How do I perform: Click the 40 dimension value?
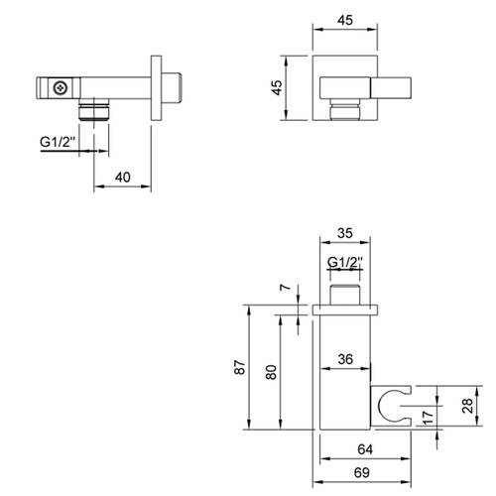pos(123,178)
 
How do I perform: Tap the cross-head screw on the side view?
pos(61,88)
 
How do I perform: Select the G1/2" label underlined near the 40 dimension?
pos(58,142)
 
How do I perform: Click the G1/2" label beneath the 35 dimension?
pos(345,263)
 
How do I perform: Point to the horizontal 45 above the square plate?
pos(345,21)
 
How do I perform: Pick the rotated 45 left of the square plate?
pos(277,87)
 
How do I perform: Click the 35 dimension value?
pos(345,233)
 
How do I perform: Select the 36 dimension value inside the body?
pos(345,359)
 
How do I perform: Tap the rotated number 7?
pos(286,287)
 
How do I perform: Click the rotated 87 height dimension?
pos(240,367)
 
